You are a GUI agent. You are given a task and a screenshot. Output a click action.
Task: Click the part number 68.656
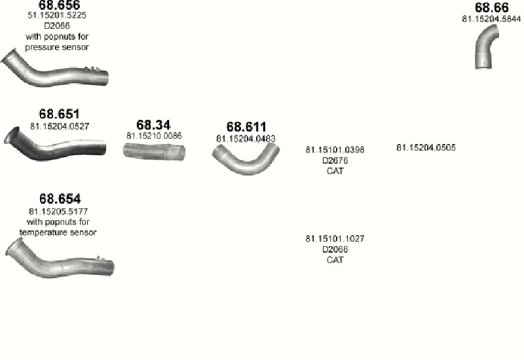click(x=60, y=5)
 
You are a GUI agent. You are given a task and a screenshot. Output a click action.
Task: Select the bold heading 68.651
click(x=59, y=114)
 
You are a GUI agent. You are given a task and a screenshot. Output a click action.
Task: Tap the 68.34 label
click(x=153, y=125)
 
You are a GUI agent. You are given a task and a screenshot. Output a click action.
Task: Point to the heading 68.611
click(x=246, y=127)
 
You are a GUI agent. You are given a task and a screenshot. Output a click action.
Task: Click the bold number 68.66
click(x=492, y=7)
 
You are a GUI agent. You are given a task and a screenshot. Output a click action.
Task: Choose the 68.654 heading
click(x=60, y=199)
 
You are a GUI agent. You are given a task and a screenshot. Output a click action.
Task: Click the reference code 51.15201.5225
click(x=57, y=15)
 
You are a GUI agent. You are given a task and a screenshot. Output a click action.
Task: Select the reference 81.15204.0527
click(x=60, y=126)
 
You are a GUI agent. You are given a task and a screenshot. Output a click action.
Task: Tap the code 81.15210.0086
click(x=154, y=136)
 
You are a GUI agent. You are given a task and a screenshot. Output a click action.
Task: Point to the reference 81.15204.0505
click(x=426, y=148)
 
